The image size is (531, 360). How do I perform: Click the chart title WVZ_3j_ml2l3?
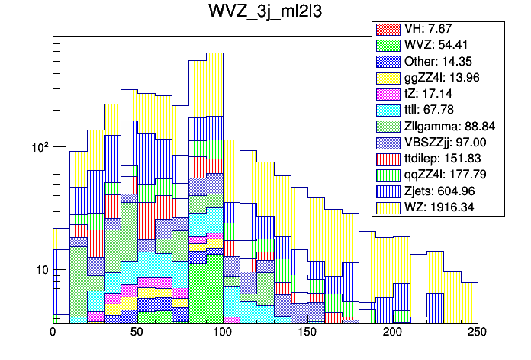(x=265, y=13)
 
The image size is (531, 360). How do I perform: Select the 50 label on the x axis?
(x=137, y=333)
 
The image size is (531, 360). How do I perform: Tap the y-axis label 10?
(x=38, y=270)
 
